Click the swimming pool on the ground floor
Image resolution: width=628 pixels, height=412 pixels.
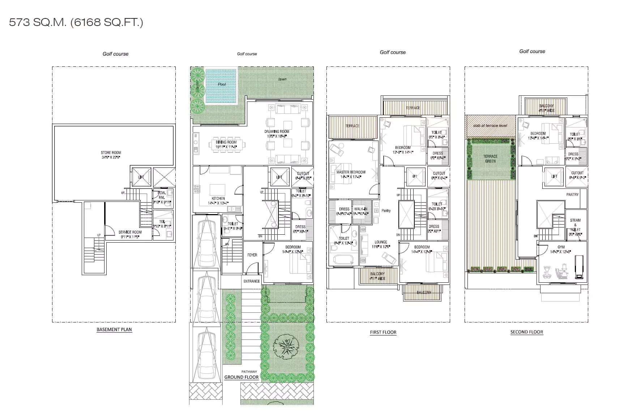pyautogui.click(x=221, y=86)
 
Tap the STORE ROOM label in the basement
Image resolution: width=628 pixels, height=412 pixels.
pyautogui.click(x=111, y=153)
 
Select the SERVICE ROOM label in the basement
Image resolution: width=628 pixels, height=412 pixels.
pyautogui.click(x=130, y=233)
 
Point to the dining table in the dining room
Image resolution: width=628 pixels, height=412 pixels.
pyautogui.click(x=226, y=144)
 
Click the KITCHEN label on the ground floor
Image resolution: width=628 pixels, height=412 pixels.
pyautogui.click(x=218, y=199)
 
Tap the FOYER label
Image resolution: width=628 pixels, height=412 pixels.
pyautogui.click(x=252, y=255)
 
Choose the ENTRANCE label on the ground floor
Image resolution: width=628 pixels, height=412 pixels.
pyautogui.click(x=252, y=281)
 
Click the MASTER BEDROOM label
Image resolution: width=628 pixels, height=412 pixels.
pyautogui.click(x=351, y=172)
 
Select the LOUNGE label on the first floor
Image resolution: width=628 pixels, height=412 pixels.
pyautogui.click(x=381, y=242)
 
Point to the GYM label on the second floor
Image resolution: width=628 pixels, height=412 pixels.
pyautogui.click(x=561, y=247)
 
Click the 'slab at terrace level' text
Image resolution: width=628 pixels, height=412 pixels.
pyautogui.click(x=490, y=126)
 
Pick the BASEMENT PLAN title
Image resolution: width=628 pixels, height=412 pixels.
pyautogui.click(x=114, y=329)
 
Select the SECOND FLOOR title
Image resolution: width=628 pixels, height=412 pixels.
pyautogui.click(x=526, y=332)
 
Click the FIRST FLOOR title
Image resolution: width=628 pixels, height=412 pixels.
pyautogui.click(x=383, y=332)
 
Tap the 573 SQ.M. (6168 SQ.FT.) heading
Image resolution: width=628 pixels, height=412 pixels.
pyautogui.click(x=76, y=22)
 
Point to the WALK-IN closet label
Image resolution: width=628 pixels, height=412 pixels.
pyautogui.click(x=361, y=209)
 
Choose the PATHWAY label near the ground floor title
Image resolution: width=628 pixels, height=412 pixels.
pyautogui.click(x=249, y=372)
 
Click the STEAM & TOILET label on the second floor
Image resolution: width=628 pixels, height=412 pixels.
pyautogui.click(x=575, y=225)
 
